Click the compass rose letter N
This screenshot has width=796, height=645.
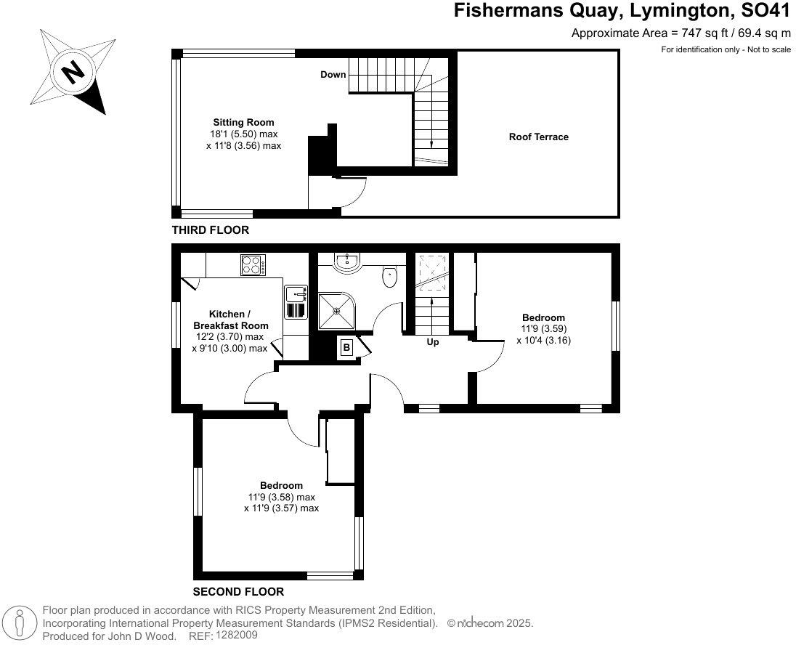(71, 72)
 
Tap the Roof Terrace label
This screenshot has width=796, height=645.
(538, 137)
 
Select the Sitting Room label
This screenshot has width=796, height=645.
(243, 122)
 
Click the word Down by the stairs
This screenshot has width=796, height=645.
(333, 75)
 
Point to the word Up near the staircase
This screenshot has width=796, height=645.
(432, 342)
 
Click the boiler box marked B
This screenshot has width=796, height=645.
(347, 348)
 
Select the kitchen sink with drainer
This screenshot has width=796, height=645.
(296, 302)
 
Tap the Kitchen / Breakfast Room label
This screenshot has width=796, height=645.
(230, 320)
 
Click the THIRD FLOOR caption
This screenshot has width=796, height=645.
(210, 230)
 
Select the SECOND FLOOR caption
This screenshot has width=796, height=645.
(238, 592)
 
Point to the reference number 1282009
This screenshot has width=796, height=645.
(237, 635)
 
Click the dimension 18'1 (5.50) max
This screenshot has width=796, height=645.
(243, 134)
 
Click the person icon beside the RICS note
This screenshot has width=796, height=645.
(20, 623)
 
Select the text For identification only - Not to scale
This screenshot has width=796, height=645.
(726, 49)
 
